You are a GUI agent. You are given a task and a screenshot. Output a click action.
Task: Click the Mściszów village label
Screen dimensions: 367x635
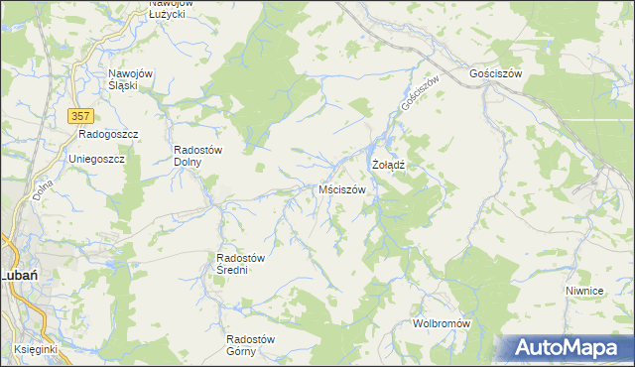(342, 189)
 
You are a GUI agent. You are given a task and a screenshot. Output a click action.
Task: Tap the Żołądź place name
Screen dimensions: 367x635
(388, 164)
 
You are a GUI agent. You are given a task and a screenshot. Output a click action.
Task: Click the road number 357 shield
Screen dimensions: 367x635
(81, 116)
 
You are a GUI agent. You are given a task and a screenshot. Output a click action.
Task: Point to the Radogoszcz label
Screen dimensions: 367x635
(107, 134)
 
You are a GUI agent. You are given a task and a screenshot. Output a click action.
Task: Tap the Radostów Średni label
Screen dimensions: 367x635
(240, 264)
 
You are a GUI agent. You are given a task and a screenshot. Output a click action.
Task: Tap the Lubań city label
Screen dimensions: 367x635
(18, 275)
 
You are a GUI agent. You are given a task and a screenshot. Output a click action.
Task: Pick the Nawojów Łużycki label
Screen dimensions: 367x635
(168, 8)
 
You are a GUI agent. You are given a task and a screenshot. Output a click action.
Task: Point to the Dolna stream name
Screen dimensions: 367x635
(41, 184)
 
